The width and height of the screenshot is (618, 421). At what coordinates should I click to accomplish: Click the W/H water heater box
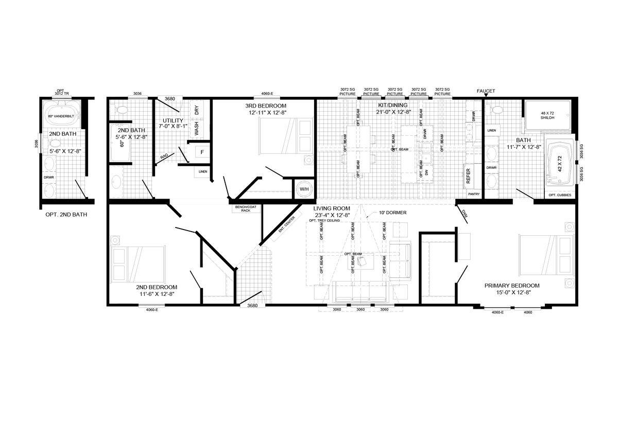click(304, 189)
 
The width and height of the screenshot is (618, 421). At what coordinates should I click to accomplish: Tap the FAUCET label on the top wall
click(486, 91)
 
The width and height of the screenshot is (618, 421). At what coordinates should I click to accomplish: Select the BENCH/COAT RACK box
click(243, 208)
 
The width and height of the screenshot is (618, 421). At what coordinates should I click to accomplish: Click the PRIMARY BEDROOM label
click(511, 286)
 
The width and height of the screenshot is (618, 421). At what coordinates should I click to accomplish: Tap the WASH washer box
click(196, 129)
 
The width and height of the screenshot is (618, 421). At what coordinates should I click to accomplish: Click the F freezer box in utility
click(202, 152)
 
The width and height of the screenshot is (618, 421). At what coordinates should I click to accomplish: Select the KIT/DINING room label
click(392, 105)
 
